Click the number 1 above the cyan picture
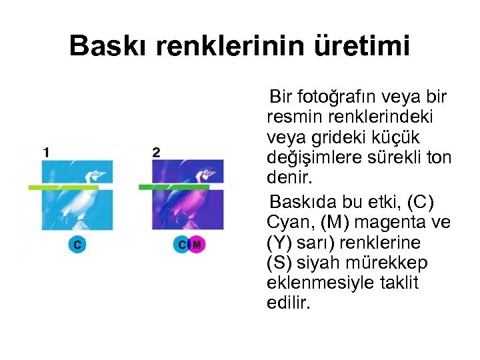click(x=45, y=152)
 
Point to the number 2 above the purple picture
click(x=155, y=152)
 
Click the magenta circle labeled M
click(x=196, y=245)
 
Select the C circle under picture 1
click(x=77, y=245)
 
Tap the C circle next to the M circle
click(x=181, y=245)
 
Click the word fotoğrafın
click(x=336, y=97)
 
